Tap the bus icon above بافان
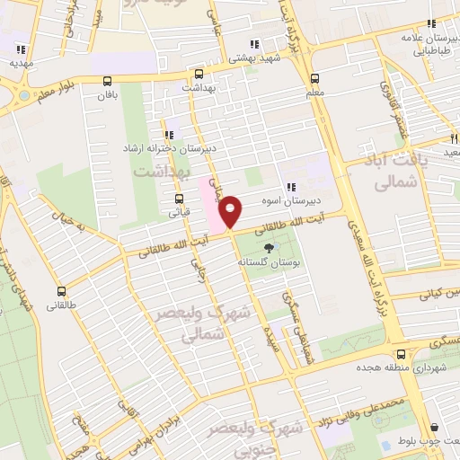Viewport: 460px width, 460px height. (x=108, y=79)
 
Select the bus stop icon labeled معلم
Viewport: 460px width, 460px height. (x=314, y=78)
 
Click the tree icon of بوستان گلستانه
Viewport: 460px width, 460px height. (x=268, y=249)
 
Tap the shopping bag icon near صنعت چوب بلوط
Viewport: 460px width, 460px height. (x=435, y=428)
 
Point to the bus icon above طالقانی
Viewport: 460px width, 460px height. (x=62, y=291)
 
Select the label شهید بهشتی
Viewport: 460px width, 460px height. (x=253, y=57)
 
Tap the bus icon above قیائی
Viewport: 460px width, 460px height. (x=179, y=199)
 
